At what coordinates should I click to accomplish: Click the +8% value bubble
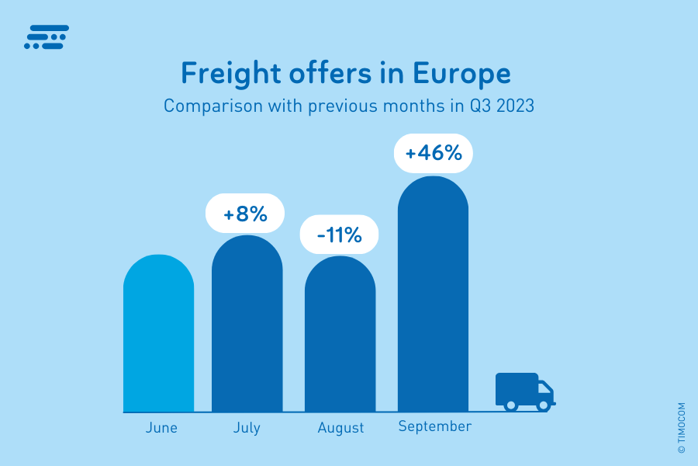click(245, 214)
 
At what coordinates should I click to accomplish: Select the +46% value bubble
click(434, 153)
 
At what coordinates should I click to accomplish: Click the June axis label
click(161, 428)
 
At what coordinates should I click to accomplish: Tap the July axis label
click(247, 428)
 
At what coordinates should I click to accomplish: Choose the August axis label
click(340, 428)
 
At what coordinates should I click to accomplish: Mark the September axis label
click(434, 426)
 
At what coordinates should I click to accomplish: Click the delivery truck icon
click(524, 391)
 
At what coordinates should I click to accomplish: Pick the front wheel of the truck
click(544, 405)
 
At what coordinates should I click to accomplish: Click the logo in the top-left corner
click(47, 37)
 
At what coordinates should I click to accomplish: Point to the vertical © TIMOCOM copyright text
click(682, 427)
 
